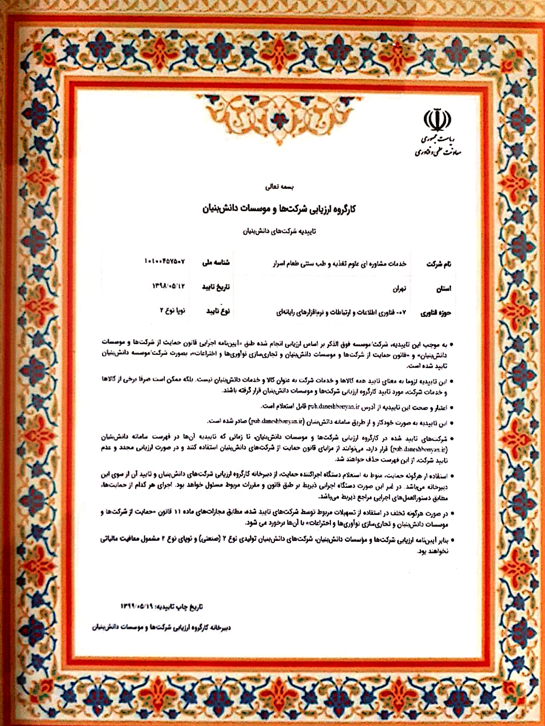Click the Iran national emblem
point(437,119)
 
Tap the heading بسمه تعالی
point(279,187)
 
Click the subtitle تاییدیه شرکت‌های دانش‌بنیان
point(279,231)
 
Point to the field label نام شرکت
point(438,264)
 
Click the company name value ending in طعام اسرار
point(340,263)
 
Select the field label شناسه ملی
point(216,263)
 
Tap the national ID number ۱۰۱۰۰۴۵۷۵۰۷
point(164,262)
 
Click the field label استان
point(443,289)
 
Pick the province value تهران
point(399,289)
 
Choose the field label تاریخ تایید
point(216,287)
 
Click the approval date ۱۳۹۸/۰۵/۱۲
point(168,286)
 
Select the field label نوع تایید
point(218,311)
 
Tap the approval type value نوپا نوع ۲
point(172,310)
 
